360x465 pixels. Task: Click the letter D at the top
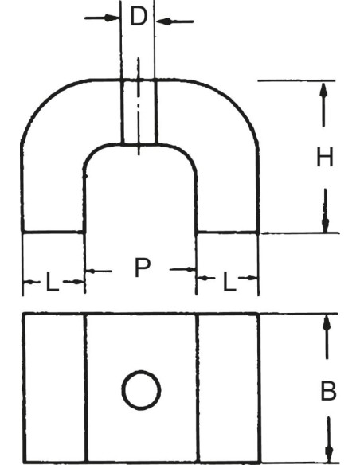click(x=139, y=17)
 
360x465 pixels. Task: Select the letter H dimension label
click(x=325, y=157)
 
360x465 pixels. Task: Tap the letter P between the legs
click(x=143, y=268)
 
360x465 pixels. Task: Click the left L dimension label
click(x=53, y=282)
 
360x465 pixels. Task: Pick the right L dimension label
click(x=229, y=282)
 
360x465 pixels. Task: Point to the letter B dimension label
click(x=329, y=391)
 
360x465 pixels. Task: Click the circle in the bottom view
click(x=141, y=390)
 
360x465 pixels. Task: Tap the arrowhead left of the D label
click(x=112, y=18)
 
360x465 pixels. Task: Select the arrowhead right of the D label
click(x=164, y=21)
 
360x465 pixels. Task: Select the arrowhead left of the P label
click(x=92, y=271)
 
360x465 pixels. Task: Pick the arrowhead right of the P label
click(x=190, y=269)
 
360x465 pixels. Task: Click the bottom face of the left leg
click(x=53, y=232)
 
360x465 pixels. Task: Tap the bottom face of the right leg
click(x=228, y=232)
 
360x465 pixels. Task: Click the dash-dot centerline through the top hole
click(x=139, y=106)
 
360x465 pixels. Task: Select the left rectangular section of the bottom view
click(x=55, y=388)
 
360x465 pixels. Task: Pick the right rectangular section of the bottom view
click(x=229, y=388)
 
